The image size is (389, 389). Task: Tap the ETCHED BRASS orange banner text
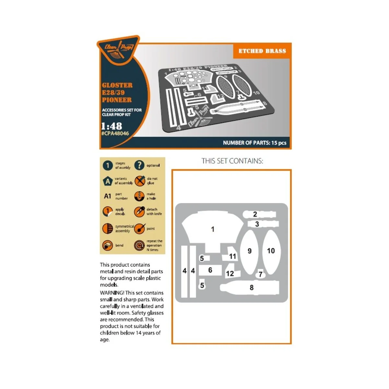(262, 51)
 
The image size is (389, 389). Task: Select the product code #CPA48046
(115, 133)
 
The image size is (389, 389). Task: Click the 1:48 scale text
(111, 126)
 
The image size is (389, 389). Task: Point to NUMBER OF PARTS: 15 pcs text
(254, 143)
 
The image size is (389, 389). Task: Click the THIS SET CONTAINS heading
(232, 161)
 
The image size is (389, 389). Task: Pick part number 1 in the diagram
(213, 229)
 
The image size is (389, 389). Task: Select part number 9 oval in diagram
(249, 251)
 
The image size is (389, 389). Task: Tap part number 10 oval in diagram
(271, 251)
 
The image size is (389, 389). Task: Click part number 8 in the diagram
(251, 288)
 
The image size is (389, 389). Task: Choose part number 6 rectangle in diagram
(210, 270)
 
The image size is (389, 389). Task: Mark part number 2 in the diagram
(255, 214)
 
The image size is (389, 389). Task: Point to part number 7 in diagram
(260, 275)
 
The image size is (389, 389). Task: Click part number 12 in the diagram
(230, 274)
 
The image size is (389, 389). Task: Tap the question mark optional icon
(139, 165)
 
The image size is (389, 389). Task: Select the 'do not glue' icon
(140, 181)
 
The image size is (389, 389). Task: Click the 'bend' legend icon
(107, 245)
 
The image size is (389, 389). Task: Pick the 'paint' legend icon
(140, 229)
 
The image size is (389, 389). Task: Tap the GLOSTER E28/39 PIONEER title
(117, 92)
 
